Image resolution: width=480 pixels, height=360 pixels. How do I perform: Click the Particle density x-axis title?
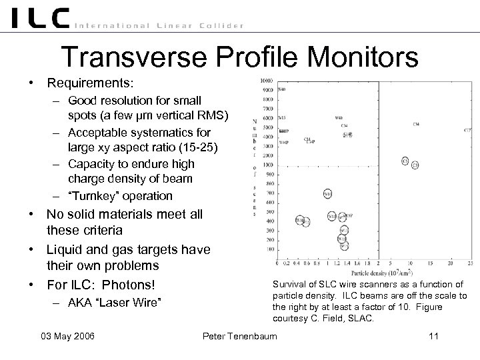373,272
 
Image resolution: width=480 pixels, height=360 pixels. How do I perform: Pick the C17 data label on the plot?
467,130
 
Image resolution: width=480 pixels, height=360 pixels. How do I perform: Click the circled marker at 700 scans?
328,193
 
